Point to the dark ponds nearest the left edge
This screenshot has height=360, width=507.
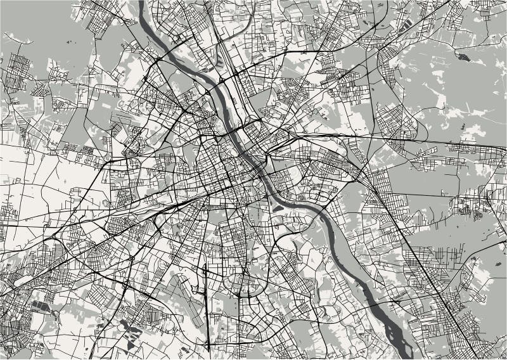coord(39,307)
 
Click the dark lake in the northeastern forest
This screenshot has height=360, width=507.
coord(465,58)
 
